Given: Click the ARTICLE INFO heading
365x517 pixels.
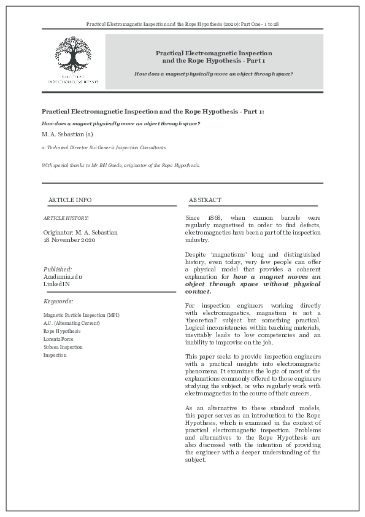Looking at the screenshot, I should tap(70, 200).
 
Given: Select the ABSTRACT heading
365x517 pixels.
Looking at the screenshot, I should tap(205, 200).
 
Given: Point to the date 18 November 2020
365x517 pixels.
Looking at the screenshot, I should tap(69, 240).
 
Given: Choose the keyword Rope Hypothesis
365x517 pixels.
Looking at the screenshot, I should tap(62, 331).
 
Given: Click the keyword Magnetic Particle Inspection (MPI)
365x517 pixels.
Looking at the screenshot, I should tap(81, 315).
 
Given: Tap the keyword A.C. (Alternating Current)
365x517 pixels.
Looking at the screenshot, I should tap(72, 323).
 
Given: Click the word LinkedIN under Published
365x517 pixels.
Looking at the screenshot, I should tap(56, 284).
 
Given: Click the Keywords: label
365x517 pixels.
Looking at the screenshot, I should tap(58, 301).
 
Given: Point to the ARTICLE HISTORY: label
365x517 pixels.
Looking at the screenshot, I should tap(66, 218).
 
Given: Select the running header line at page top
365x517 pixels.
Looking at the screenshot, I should tap(183, 24).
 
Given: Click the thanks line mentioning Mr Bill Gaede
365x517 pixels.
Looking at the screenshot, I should tap(121, 165).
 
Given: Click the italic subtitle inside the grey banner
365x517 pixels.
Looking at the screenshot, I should tap(213, 73).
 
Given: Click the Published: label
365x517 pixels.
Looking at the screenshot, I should tap(58, 269).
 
